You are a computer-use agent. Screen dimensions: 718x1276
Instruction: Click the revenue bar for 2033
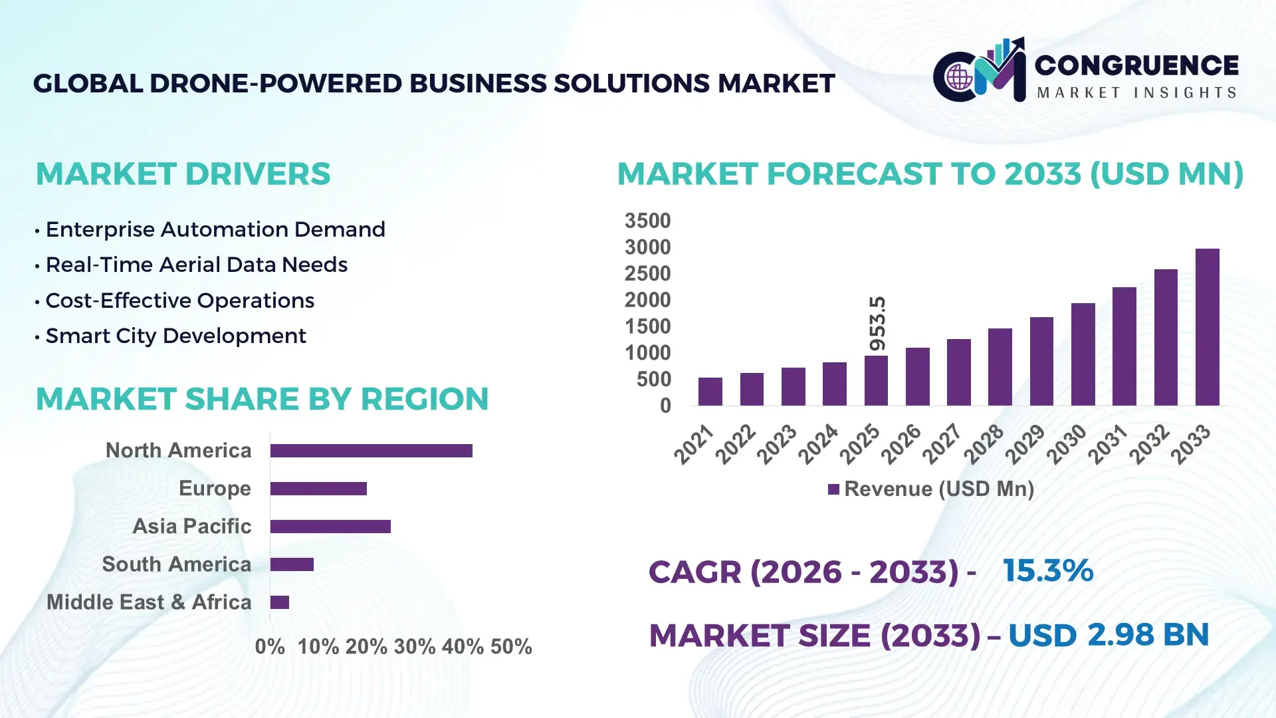click(x=1207, y=327)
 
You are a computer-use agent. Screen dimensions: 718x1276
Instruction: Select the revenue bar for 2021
click(x=710, y=392)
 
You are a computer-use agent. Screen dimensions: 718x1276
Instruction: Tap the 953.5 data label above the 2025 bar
click(x=877, y=324)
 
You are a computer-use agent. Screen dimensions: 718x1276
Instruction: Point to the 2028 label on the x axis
click(x=984, y=444)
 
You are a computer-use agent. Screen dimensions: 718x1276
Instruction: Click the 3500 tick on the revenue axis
click(x=647, y=221)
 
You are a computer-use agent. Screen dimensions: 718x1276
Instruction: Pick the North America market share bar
click(x=371, y=451)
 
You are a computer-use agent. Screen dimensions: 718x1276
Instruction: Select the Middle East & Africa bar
click(x=280, y=602)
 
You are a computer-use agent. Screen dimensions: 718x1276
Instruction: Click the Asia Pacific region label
click(x=192, y=527)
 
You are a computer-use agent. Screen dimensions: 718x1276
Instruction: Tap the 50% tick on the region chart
click(x=511, y=647)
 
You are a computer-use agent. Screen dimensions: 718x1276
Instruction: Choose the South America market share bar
click(x=292, y=564)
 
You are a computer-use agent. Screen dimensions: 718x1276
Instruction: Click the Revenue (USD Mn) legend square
click(x=833, y=490)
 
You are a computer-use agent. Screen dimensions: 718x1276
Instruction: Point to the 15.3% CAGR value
click(x=1047, y=571)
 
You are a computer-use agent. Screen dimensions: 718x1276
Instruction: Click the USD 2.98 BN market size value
click(x=1108, y=635)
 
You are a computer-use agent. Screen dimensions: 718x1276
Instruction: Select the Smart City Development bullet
click(x=175, y=336)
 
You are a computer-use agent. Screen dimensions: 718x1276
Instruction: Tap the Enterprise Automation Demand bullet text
click(x=215, y=230)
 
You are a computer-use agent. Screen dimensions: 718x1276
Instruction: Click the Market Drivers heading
click(x=183, y=174)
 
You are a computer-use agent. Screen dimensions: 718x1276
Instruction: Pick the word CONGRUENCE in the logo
click(x=1136, y=65)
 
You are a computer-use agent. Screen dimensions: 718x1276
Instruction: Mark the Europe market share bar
click(x=318, y=489)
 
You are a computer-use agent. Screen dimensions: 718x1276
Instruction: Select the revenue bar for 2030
click(x=1083, y=354)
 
